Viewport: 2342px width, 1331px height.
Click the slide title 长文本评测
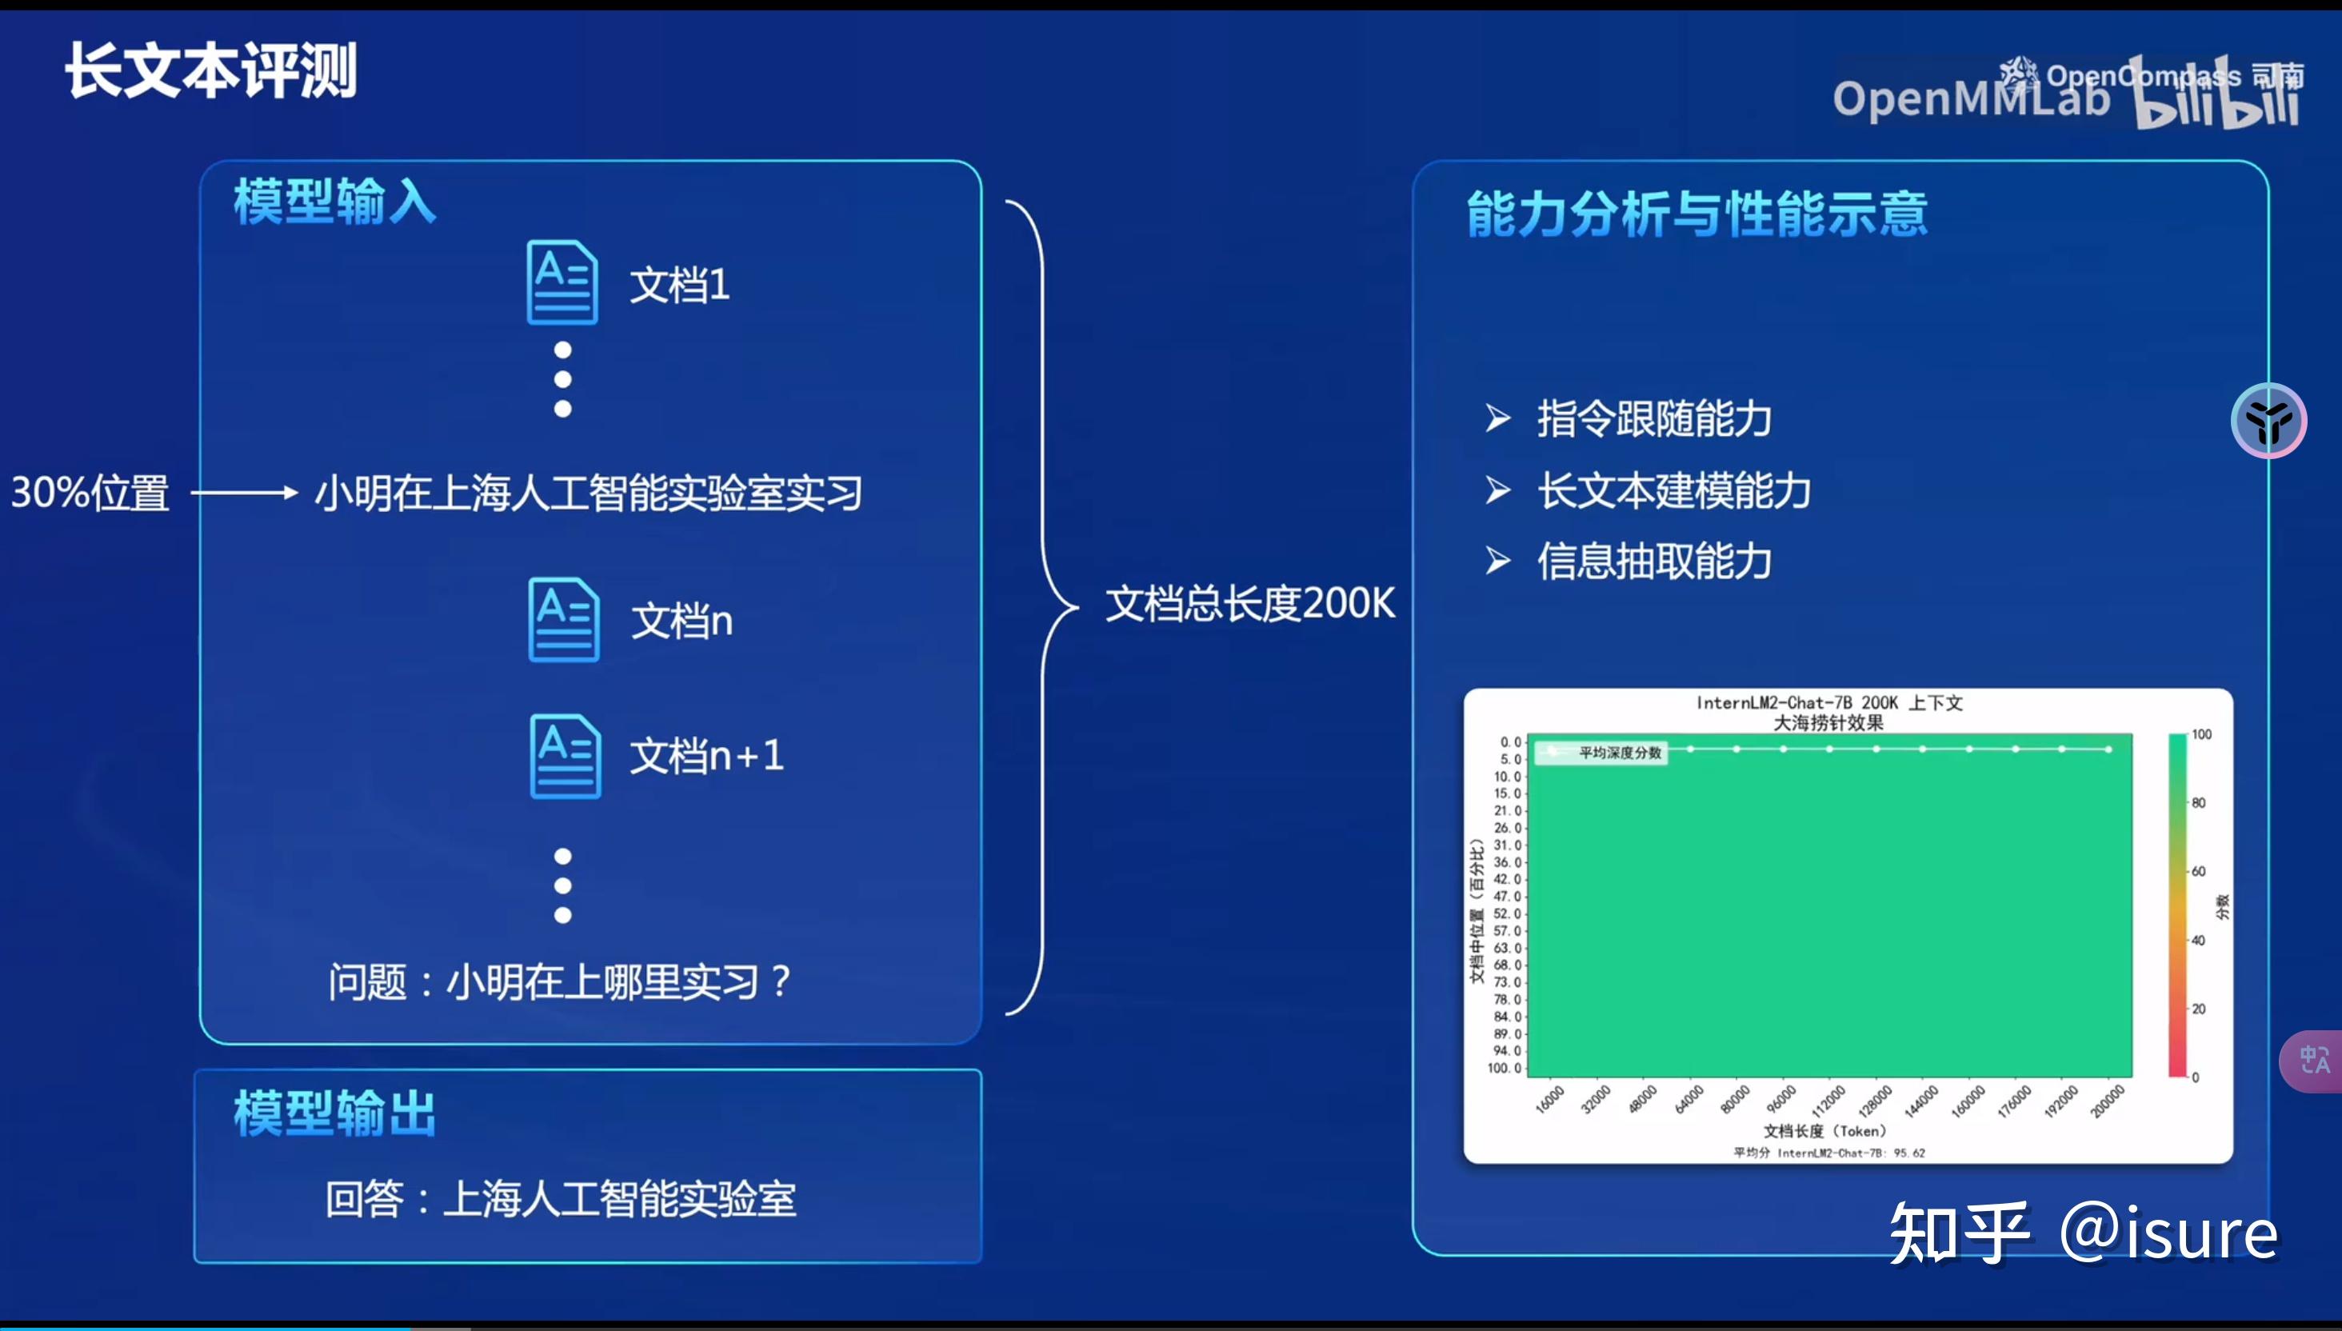211,71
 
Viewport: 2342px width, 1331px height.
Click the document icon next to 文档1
562,282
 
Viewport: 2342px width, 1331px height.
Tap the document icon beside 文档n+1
565,756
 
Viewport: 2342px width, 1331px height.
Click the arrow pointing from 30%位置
244,493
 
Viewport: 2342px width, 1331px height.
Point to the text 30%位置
90,493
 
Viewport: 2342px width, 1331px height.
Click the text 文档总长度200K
1249,604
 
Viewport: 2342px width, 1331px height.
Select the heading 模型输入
334,201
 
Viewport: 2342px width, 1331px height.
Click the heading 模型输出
334,1113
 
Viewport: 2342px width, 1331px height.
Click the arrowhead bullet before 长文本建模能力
1497,490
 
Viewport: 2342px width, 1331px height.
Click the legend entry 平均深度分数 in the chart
1618,753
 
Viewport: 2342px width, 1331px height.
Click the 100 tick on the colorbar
2201,734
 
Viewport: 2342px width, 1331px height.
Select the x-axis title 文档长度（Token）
1824,1131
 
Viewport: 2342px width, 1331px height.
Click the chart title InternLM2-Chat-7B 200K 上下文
1829,702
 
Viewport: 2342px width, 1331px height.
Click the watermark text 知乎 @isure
2084,1234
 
